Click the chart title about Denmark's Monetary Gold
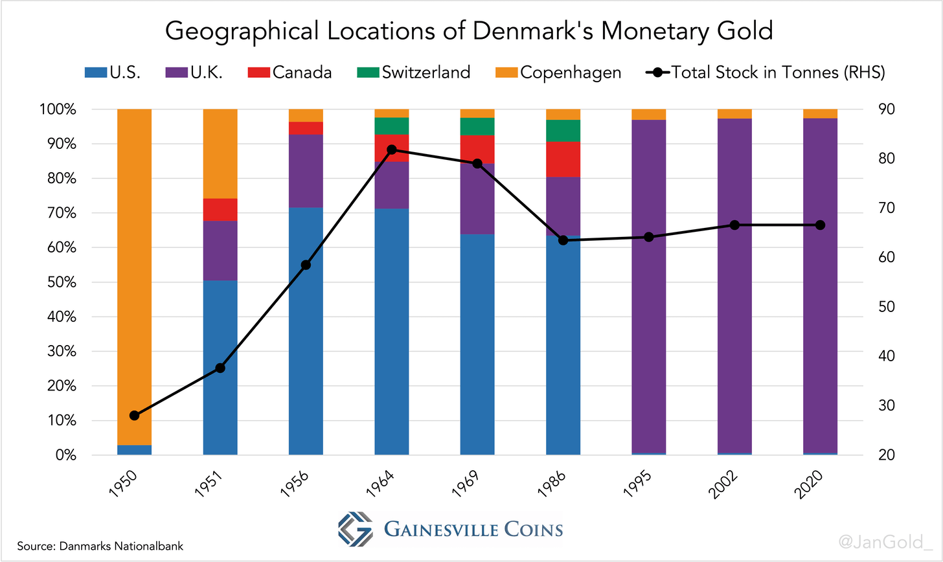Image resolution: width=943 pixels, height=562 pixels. pyautogui.click(x=469, y=31)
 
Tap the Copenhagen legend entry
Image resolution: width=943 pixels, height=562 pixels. pyautogui.click(x=562, y=72)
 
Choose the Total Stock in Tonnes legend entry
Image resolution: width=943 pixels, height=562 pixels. pyautogui.click(x=767, y=72)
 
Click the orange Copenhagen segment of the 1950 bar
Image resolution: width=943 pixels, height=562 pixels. pyautogui.click(x=134, y=259)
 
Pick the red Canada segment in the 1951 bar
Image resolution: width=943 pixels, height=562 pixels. pyautogui.click(x=220, y=210)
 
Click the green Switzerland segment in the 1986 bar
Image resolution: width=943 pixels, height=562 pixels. pyautogui.click(x=563, y=130)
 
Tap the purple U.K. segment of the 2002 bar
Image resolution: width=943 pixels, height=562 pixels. pyautogui.click(x=734, y=285)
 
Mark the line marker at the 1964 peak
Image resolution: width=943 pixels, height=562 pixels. pyautogui.click(x=392, y=150)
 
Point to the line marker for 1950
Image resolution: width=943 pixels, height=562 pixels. pyautogui.click(x=134, y=415)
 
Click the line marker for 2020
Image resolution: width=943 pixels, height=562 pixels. pyautogui.click(x=820, y=225)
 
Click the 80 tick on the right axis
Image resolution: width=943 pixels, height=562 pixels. pyautogui.click(x=881, y=159)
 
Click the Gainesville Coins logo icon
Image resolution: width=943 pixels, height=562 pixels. pyautogui.click(x=355, y=530)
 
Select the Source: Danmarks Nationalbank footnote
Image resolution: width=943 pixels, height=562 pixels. pyautogui.click(x=100, y=546)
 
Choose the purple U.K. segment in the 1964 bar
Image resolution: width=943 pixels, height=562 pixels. pyautogui.click(x=392, y=185)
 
